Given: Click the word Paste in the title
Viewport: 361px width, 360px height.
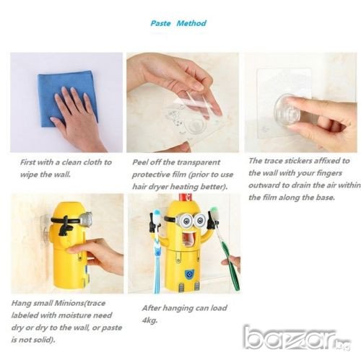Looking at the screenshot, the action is [160, 23].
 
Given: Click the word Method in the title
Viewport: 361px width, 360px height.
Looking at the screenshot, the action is [191, 23].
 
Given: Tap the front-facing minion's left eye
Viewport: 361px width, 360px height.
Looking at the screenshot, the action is [186, 219].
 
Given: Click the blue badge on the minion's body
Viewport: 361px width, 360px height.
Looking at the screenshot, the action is [189, 273].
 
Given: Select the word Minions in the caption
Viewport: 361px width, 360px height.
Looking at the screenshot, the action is [69, 303].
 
